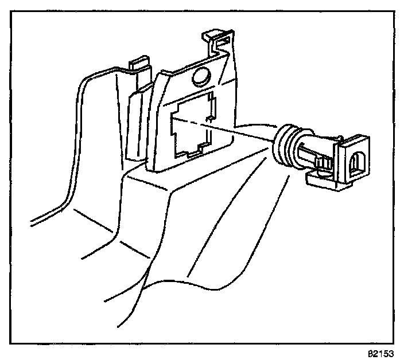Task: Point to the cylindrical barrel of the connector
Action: click(x=313, y=152)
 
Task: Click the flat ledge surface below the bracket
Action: click(x=189, y=189)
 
